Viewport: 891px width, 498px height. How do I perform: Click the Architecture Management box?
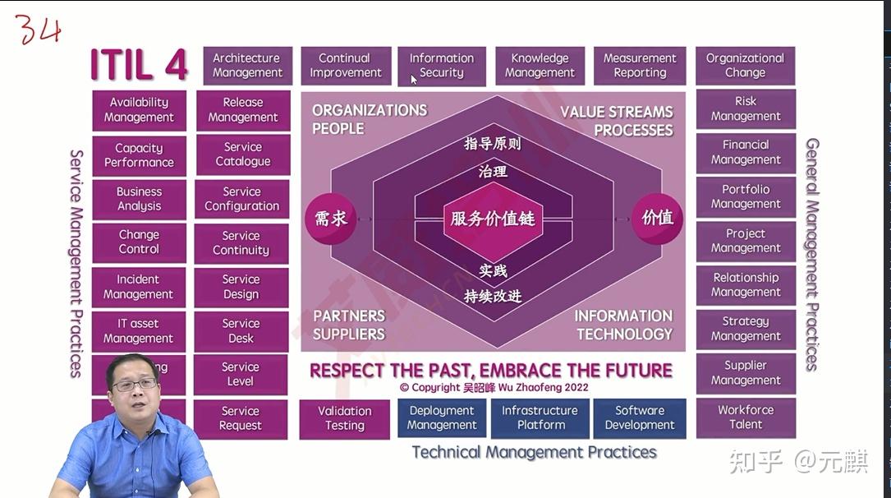[247, 66]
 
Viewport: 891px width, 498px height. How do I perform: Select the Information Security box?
[442, 66]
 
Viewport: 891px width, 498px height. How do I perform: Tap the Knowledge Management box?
[540, 66]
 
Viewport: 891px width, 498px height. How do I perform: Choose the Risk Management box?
[746, 108]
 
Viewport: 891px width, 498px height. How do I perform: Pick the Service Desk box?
[241, 331]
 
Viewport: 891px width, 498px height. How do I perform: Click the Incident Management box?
[138, 287]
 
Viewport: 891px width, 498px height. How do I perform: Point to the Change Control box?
[139, 242]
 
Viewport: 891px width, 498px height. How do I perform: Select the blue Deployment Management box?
[442, 418]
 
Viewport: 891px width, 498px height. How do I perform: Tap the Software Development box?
[639, 418]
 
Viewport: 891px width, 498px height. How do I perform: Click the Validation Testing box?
[345, 418]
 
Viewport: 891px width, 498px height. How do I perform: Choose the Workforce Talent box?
[746, 417]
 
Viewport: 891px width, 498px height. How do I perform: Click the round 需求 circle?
[330, 219]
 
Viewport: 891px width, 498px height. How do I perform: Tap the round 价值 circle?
[658, 218]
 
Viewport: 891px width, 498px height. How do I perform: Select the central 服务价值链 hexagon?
[493, 219]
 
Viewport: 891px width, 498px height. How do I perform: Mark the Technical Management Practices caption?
[534, 452]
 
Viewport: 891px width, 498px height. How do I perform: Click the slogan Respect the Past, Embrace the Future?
[491, 371]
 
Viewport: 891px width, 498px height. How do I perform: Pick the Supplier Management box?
[746, 373]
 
